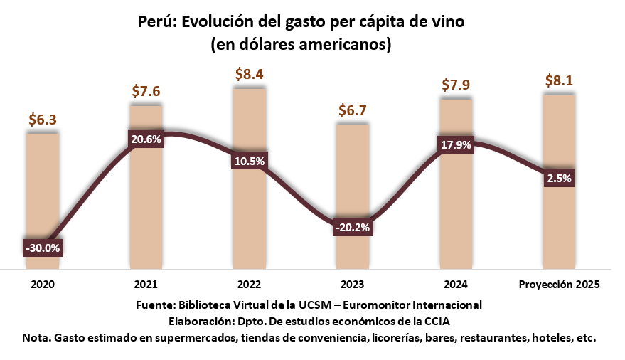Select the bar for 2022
[x=249, y=213]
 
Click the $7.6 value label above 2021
[x=146, y=91]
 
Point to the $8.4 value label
[x=250, y=74]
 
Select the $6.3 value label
[x=43, y=120]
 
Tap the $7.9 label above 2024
[x=456, y=85]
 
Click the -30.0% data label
[x=43, y=248]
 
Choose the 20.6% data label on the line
[x=146, y=139]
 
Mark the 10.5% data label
[x=249, y=162]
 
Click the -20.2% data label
[x=352, y=228]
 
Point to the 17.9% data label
[x=456, y=145]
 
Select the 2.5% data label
[x=559, y=179]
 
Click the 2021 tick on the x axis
[x=146, y=285]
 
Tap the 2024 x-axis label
[x=456, y=285]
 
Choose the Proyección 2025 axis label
[x=559, y=285]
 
